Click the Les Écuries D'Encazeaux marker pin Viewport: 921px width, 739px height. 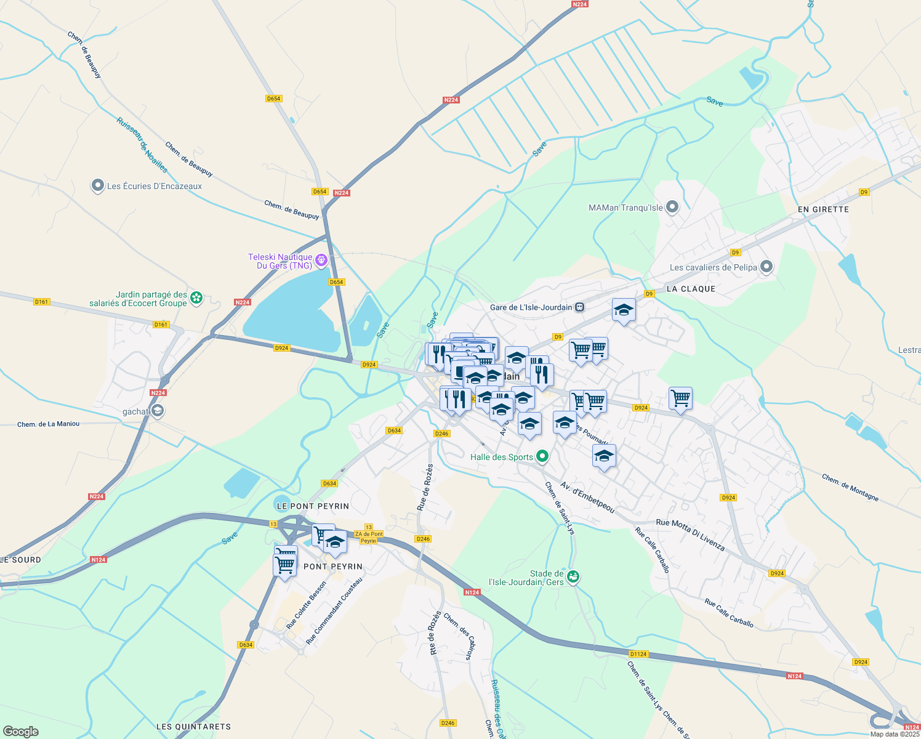(x=97, y=185)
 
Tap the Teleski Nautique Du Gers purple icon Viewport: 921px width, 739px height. (x=321, y=260)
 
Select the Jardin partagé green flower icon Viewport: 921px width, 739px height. (x=196, y=299)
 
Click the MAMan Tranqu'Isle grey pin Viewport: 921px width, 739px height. (x=672, y=207)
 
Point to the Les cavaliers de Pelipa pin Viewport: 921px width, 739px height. (x=766, y=267)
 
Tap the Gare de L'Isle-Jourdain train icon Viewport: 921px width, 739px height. (x=579, y=307)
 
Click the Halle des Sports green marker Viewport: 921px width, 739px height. (x=542, y=456)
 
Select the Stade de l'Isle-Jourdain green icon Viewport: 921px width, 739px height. (x=573, y=576)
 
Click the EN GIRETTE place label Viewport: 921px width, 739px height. (x=823, y=209)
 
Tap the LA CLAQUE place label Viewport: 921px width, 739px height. (x=691, y=289)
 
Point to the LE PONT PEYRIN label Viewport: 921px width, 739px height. (x=313, y=506)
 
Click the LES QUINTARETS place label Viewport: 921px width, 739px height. (x=193, y=727)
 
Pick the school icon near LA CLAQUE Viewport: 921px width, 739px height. (x=624, y=310)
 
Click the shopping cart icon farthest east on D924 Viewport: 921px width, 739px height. (x=680, y=398)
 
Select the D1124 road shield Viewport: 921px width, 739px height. (x=638, y=654)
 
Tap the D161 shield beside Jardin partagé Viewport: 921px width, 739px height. (x=161, y=325)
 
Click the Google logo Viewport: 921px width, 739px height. (x=21, y=731)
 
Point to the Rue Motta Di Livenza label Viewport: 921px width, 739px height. (x=690, y=535)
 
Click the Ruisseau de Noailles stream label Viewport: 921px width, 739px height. (x=142, y=145)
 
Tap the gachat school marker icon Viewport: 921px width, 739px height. (x=158, y=411)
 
